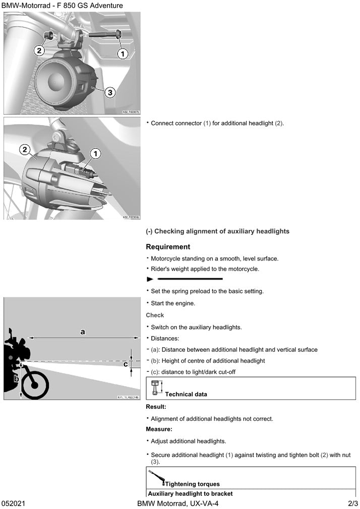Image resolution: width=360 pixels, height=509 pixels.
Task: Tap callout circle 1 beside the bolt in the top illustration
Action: point(123,52)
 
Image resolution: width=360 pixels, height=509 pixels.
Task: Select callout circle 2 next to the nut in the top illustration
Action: point(39,50)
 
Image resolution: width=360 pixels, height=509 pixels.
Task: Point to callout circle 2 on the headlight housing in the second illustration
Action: point(25,149)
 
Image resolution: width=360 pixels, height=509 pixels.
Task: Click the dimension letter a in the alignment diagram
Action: point(83,331)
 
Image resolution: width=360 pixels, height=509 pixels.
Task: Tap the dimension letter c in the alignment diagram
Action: point(126,364)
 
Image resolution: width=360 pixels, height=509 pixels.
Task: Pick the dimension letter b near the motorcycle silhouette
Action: point(16,377)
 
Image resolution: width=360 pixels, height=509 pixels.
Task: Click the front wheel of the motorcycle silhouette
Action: point(35,386)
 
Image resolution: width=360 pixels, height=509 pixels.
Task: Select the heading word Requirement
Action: point(168,247)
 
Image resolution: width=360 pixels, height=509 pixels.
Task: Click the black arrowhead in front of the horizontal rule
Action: point(149,279)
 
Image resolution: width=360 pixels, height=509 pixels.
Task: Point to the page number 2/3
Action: point(352,503)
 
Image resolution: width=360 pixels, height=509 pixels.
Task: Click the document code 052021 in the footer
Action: point(14,503)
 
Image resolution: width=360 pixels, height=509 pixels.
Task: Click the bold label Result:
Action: point(156,406)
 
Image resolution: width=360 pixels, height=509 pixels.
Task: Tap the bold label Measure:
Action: point(159,429)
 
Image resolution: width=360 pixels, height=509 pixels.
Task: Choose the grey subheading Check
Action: point(155,315)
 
